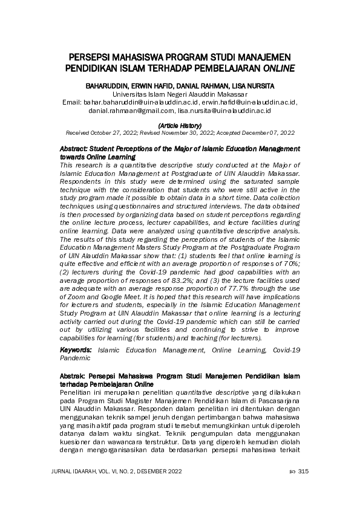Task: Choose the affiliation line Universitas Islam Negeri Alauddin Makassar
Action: click(x=180, y=95)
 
